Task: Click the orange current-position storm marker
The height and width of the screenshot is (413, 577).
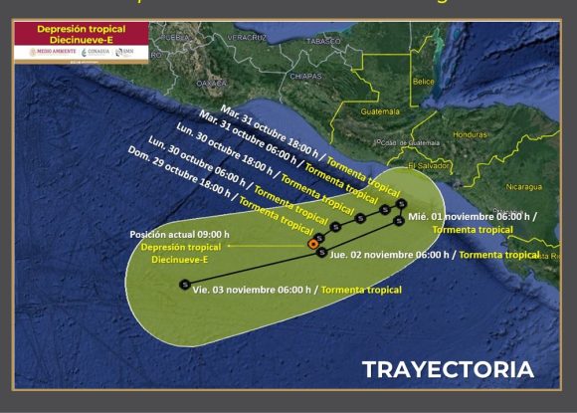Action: [312, 243]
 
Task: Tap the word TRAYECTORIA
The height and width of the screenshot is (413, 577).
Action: [447, 369]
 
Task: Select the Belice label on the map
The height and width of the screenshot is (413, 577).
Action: [424, 81]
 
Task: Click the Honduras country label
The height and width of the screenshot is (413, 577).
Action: [469, 134]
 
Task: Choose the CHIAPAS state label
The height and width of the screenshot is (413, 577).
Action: [278, 75]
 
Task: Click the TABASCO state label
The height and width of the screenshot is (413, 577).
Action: [323, 42]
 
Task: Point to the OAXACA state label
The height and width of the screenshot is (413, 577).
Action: [212, 83]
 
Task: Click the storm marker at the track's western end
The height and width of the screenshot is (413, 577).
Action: [185, 285]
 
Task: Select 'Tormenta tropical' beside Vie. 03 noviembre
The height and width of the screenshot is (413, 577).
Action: [361, 290]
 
